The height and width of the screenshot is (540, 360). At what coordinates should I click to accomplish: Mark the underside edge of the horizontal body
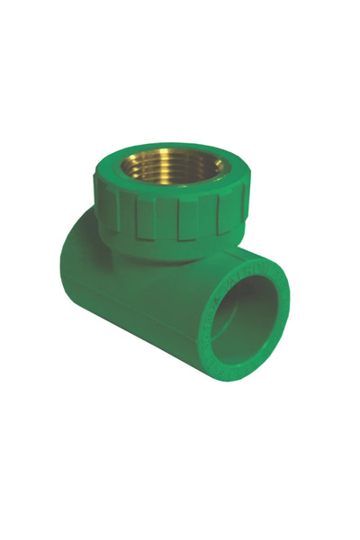click(135, 346)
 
